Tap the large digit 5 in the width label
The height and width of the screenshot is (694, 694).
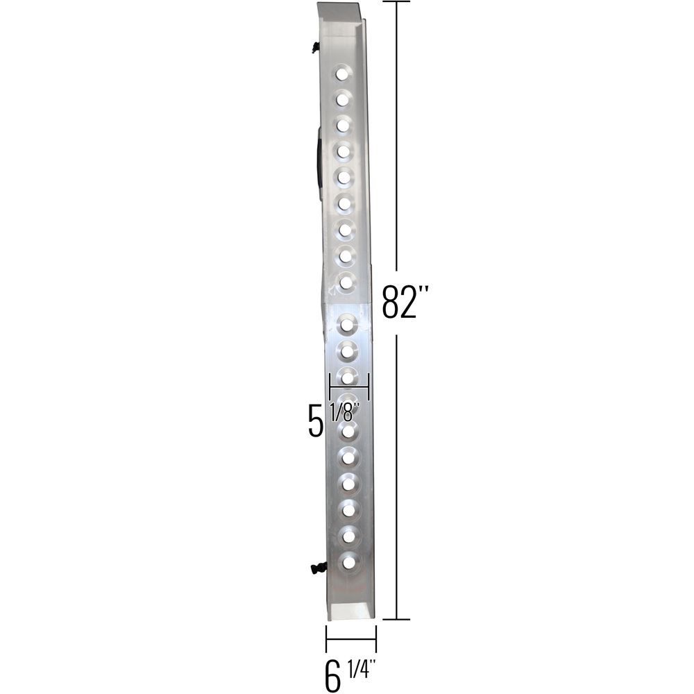pos(315,421)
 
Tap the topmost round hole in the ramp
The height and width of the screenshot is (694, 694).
pos(341,74)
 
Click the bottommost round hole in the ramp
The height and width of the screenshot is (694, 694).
pos(348,563)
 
